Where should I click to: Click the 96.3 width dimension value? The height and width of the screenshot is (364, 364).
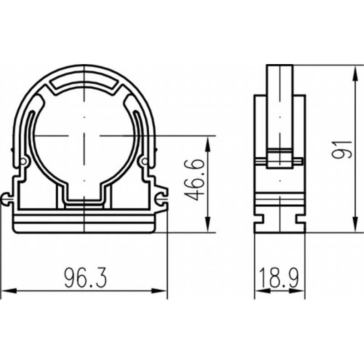click(x=85, y=278)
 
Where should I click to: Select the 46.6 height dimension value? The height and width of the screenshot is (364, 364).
click(x=195, y=179)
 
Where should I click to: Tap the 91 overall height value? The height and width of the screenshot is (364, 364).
click(x=342, y=150)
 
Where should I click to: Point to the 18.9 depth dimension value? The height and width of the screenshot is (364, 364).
click(x=279, y=278)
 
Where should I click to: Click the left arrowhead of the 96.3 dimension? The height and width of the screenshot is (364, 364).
click(x=9, y=291)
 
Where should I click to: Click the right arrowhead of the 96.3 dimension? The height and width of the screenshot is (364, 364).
click(x=159, y=291)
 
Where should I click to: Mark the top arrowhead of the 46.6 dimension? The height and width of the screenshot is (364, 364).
click(x=208, y=144)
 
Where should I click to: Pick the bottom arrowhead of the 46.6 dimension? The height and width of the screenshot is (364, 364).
click(x=208, y=224)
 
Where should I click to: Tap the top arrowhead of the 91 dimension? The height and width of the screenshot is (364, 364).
click(x=355, y=74)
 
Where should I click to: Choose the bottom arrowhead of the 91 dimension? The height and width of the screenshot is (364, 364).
click(x=355, y=224)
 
